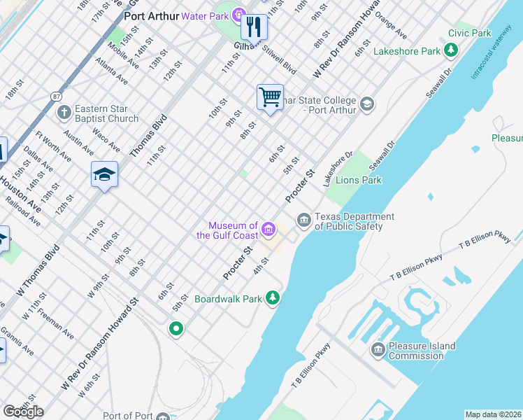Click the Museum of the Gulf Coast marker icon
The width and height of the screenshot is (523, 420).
(268, 229)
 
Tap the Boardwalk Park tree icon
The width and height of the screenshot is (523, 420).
(273, 299)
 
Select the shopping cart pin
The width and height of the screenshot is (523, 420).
(269, 97)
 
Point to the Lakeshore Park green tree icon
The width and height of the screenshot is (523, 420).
(452, 50)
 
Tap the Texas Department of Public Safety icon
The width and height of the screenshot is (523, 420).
(303, 220)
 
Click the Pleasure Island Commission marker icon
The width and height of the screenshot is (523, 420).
(378, 349)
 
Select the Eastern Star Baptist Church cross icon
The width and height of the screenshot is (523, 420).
(64, 112)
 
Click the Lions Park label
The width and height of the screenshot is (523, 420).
(359, 180)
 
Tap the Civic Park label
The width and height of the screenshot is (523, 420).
(469, 33)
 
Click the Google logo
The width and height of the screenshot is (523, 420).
(23, 412)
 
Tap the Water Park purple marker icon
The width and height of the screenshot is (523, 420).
(238, 15)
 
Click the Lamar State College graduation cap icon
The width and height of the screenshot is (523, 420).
(366, 105)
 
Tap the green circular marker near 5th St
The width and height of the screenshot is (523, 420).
(176, 328)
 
